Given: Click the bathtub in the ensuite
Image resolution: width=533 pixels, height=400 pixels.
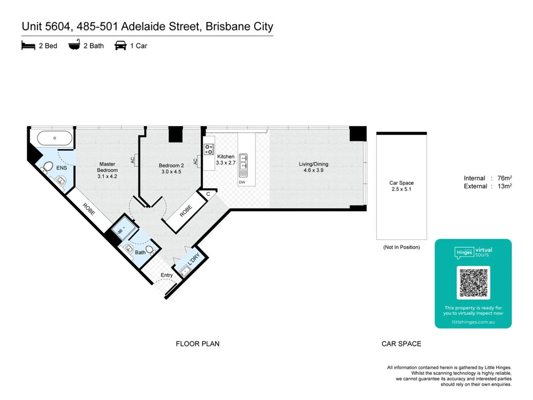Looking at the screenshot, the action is [x=54, y=138].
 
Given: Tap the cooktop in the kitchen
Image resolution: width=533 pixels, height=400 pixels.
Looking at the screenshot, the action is [x=209, y=149].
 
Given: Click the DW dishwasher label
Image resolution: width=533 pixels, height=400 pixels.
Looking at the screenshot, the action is [x=242, y=182].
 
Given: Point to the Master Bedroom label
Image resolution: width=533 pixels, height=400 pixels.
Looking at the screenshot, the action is [x=107, y=167].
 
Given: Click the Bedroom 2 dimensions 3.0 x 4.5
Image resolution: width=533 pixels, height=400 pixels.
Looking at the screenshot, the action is [x=171, y=172].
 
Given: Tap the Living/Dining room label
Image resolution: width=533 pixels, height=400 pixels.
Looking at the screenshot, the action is [x=313, y=164].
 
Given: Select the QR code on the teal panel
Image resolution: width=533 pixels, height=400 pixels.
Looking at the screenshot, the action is [x=473, y=283].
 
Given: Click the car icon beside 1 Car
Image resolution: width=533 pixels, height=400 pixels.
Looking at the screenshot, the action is [x=120, y=45].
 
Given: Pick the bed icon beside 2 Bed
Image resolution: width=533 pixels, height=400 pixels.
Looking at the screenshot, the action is [x=28, y=45].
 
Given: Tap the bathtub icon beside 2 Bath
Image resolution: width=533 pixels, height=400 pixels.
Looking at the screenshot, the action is [x=74, y=45].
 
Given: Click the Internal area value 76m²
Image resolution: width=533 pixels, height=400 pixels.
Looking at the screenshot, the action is [x=505, y=178].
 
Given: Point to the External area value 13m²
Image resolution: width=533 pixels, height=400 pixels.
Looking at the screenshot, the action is [x=505, y=186].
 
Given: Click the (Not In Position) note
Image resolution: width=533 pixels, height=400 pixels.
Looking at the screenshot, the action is [x=402, y=247].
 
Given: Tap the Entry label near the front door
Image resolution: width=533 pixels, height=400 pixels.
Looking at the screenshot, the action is [x=167, y=275].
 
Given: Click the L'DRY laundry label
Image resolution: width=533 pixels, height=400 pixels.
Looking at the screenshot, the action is [x=194, y=259].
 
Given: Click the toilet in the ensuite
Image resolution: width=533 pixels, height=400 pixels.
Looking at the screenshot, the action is [x=48, y=167].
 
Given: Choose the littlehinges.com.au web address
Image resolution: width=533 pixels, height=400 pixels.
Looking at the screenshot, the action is [x=473, y=322].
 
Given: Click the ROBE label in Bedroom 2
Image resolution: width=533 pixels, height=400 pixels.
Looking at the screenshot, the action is [x=186, y=211].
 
